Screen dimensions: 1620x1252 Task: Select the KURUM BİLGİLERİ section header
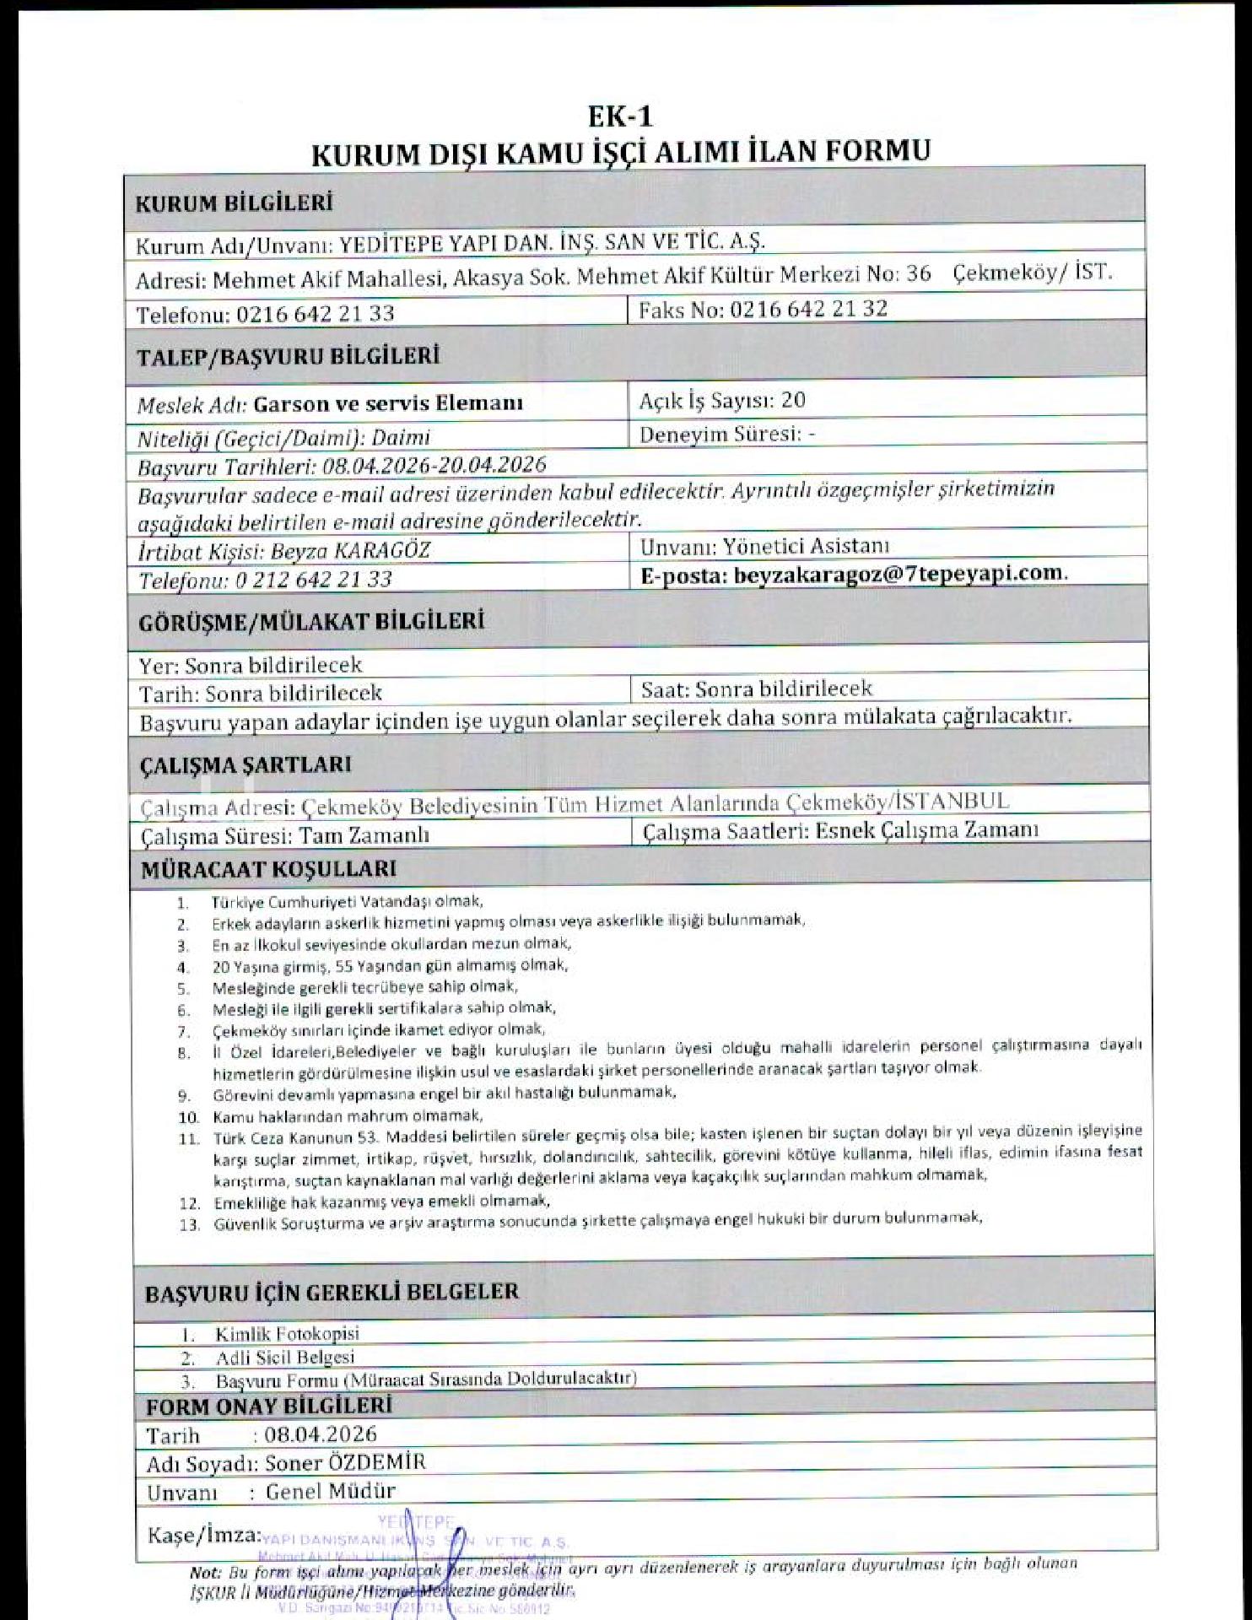point(234,203)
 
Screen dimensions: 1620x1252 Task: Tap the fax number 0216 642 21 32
point(808,309)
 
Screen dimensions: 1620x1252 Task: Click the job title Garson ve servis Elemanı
point(388,403)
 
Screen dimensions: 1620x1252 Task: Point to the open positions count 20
point(793,400)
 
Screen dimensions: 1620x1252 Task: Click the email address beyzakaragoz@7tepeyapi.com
point(899,573)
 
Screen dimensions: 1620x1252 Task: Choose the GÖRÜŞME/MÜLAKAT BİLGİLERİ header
point(311,623)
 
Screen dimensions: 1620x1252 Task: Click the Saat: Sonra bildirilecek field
point(756,688)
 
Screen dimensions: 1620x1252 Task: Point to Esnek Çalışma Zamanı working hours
point(926,830)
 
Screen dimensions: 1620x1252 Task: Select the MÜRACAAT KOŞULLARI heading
point(268,869)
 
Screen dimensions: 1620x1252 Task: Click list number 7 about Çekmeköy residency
point(184,1031)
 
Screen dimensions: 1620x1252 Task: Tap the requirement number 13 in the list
point(189,1225)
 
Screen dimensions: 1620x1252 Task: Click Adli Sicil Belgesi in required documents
point(285,1358)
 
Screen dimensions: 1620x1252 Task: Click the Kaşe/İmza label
point(202,1534)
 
